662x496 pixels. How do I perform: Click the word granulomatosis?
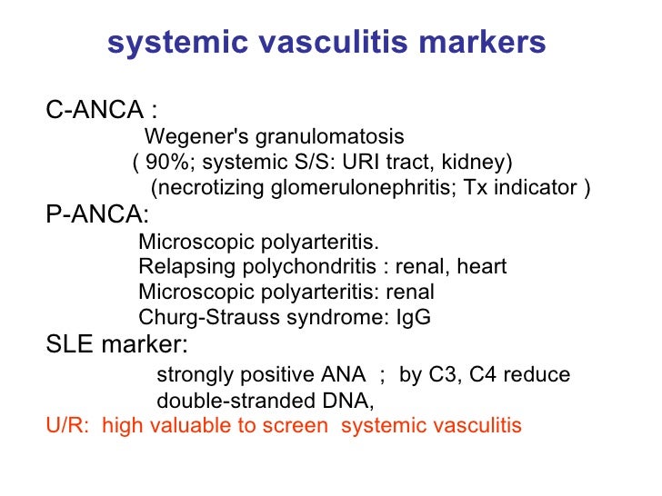click(329, 137)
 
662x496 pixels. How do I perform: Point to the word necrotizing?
click(208, 188)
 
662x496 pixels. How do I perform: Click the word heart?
click(481, 267)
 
